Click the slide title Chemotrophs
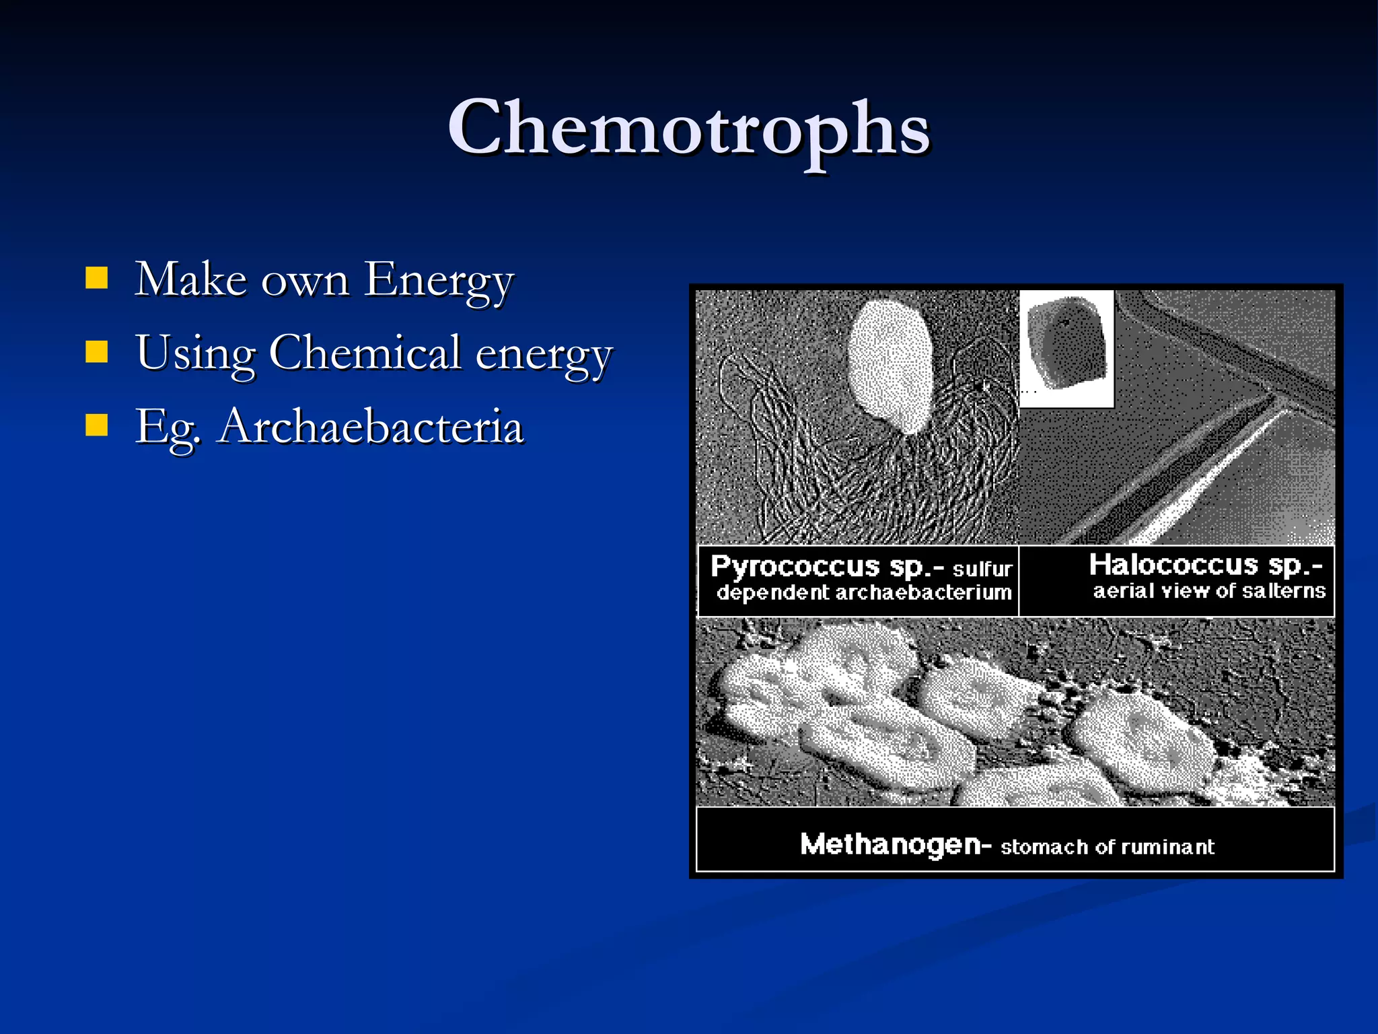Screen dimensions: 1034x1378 click(688, 128)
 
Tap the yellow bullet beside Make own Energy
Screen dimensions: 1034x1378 click(97, 278)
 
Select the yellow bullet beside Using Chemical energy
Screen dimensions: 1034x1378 click(97, 351)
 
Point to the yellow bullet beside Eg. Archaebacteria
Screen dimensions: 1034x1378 click(97, 425)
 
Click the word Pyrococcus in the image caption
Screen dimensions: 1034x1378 click(795, 567)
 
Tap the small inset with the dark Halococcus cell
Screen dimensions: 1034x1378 click(1066, 349)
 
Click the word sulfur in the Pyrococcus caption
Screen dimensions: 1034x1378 click(982, 570)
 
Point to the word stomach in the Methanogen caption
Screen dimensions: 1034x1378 click(1045, 847)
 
